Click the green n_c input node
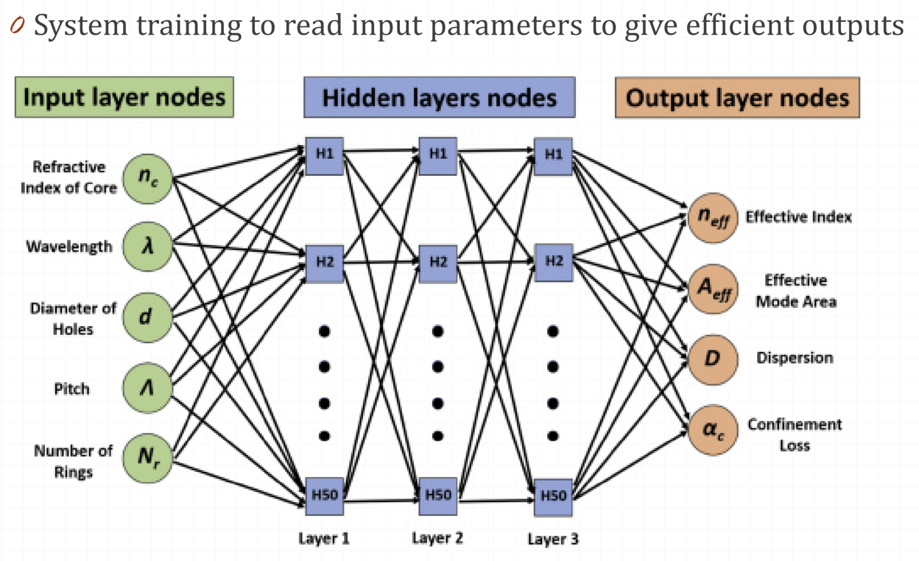tap(147, 177)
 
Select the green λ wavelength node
tap(147, 246)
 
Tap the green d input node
tap(147, 317)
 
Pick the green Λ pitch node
tap(147, 388)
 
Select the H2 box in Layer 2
tap(438, 262)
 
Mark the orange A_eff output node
tap(712, 289)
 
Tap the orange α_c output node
tap(712, 430)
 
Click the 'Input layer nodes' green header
tap(124, 98)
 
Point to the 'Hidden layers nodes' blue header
tap(439, 98)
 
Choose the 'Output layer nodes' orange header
tap(737, 98)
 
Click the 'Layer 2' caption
tap(437, 538)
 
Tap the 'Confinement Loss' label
tap(795, 434)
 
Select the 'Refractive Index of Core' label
tap(68, 177)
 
